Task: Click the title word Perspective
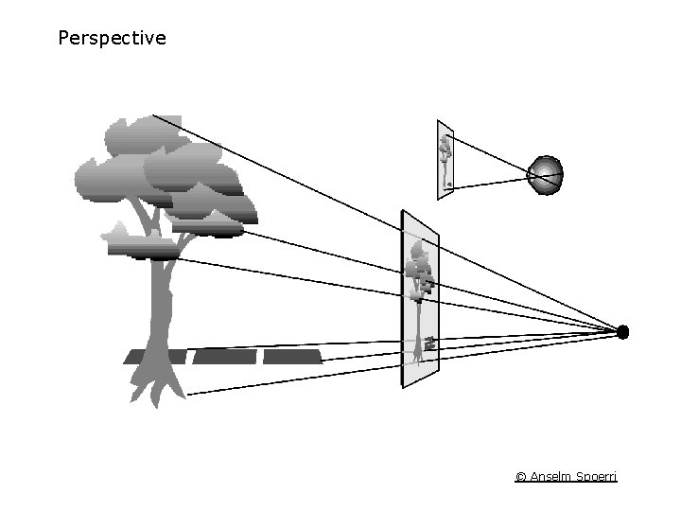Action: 112,39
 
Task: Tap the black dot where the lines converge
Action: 622,331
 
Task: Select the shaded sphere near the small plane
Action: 545,175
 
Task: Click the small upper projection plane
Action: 445,159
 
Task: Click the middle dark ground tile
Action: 225,357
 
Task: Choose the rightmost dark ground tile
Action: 292,357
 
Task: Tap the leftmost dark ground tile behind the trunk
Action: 156,357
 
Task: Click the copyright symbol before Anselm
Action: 521,476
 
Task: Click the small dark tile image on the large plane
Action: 429,343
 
